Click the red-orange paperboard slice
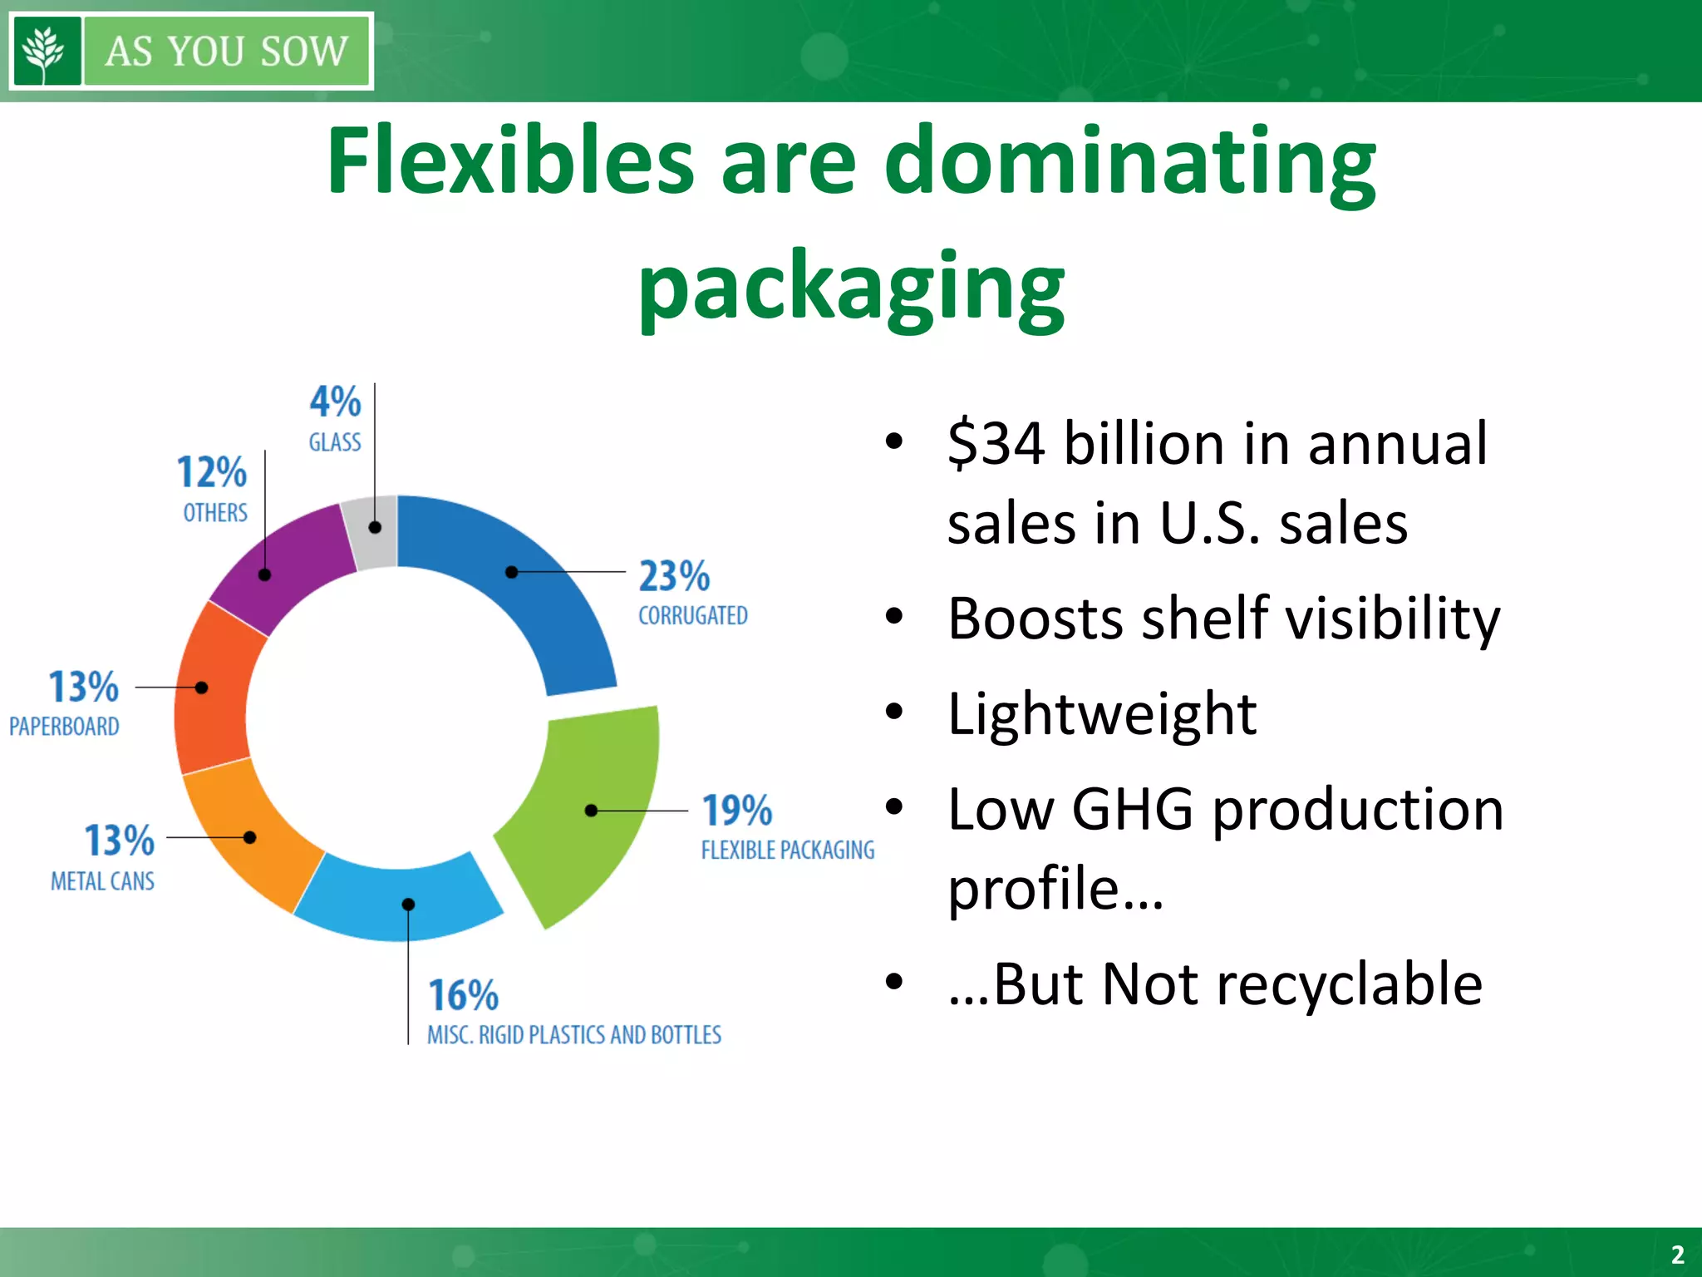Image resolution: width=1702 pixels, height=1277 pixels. pyautogui.click(x=212, y=690)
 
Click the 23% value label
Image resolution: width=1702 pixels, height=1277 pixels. pyautogui.click(x=674, y=576)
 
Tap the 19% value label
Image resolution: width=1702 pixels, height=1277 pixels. pyautogui.click(x=737, y=811)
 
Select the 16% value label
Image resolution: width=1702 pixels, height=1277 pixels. pyautogui.click(x=463, y=995)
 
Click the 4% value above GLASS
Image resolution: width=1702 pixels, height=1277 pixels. pyautogui.click(x=335, y=402)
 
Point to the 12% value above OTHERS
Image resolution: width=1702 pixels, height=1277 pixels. pyautogui.click(x=212, y=472)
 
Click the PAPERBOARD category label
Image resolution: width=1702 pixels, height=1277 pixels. pyautogui.click(x=64, y=727)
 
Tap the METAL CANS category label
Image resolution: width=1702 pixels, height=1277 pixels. pyautogui.click(x=102, y=881)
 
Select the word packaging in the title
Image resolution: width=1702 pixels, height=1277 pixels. pyautogui.click(x=851, y=287)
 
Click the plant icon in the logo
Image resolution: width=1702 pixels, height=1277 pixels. pyautogui.click(x=47, y=51)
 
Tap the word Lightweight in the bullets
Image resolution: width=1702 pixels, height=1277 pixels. pyautogui.click(x=1101, y=713)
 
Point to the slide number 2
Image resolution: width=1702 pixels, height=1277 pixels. pyautogui.click(x=1677, y=1254)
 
